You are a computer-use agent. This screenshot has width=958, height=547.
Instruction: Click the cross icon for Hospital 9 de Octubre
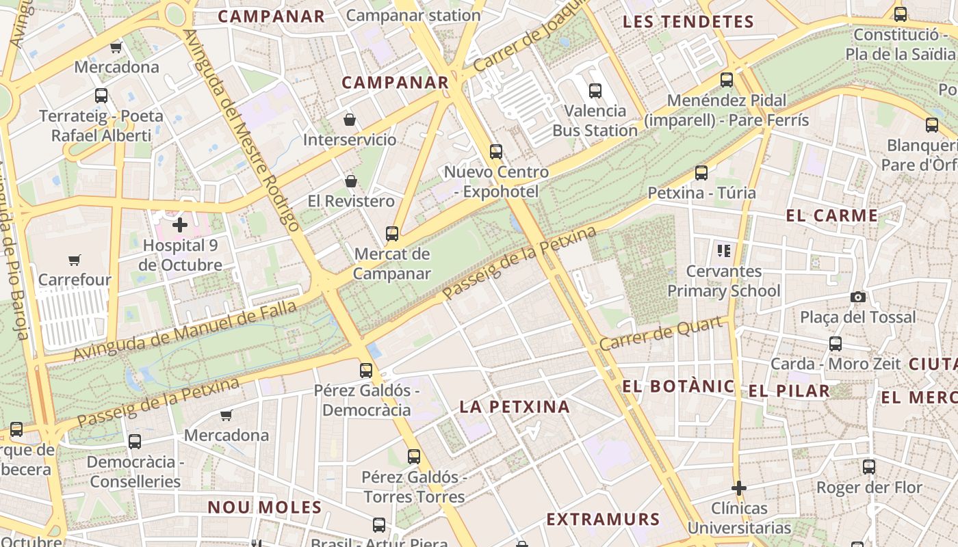(x=180, y=224)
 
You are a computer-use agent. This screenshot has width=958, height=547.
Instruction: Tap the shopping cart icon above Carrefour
(x=74, y=260)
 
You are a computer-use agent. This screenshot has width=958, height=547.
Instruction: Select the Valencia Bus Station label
(x=595, y=120)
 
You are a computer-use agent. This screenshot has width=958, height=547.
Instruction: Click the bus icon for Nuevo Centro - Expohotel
(x=495, y=152)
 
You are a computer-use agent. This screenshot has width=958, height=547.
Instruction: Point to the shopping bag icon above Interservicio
(x=350, y=120)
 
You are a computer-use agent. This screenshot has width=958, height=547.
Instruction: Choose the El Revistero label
(x=351, y=201)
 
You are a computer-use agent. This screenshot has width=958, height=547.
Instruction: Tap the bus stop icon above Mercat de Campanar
(x=392, y=234)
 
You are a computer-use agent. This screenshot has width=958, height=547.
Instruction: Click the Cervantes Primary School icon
(x=724, y=251)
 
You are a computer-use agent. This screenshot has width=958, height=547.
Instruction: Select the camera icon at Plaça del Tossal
(x=857, y=297)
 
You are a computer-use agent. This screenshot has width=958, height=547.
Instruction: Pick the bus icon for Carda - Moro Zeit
(x=836, y=344)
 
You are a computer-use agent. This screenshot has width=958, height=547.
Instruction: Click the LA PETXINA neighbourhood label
(x=515, y=407)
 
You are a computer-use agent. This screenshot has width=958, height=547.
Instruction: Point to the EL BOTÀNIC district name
(x=678, y=386)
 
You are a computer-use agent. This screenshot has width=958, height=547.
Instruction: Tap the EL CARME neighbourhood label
(x=831, y=216)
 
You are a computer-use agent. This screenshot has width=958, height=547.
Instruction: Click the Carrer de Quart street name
(x=661, y=334)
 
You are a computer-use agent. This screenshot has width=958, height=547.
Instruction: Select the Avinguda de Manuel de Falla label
(x=185, y=331)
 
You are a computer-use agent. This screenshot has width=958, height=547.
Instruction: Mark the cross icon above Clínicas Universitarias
(x=738, y=488)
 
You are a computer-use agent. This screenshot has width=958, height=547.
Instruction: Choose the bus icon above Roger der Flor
(x=868, y=467)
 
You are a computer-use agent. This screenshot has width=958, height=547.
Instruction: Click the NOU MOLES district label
(x=264, y=507)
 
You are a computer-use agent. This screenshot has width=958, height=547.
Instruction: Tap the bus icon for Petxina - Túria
(x=701, y=173)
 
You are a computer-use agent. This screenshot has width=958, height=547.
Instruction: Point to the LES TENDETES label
(x=688, y=22)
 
